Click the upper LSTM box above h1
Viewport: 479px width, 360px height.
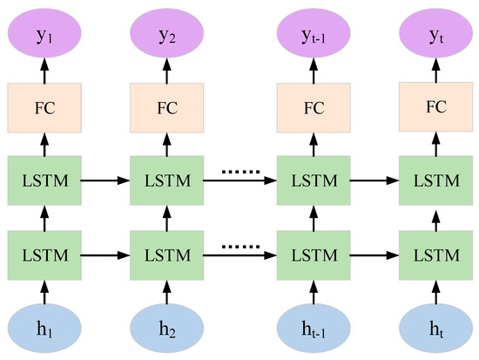click(44, 181)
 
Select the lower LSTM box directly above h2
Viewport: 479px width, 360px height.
click(165, 255)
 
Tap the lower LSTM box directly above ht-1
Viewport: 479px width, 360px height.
click(313, 255)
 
